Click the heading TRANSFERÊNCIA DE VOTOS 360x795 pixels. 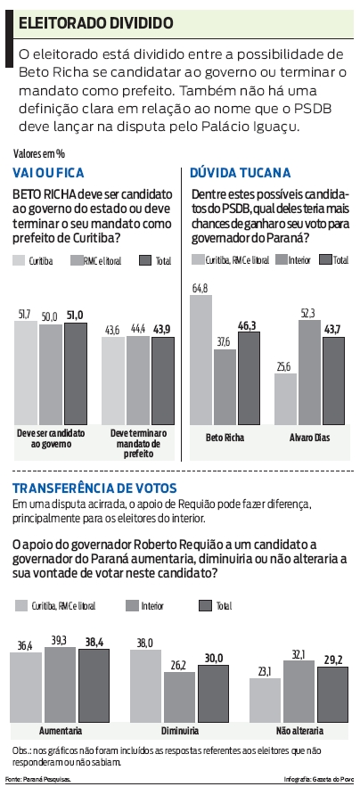point(94,488)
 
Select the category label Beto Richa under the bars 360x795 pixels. point(223,438)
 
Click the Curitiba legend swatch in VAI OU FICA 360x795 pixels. point(19,260)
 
